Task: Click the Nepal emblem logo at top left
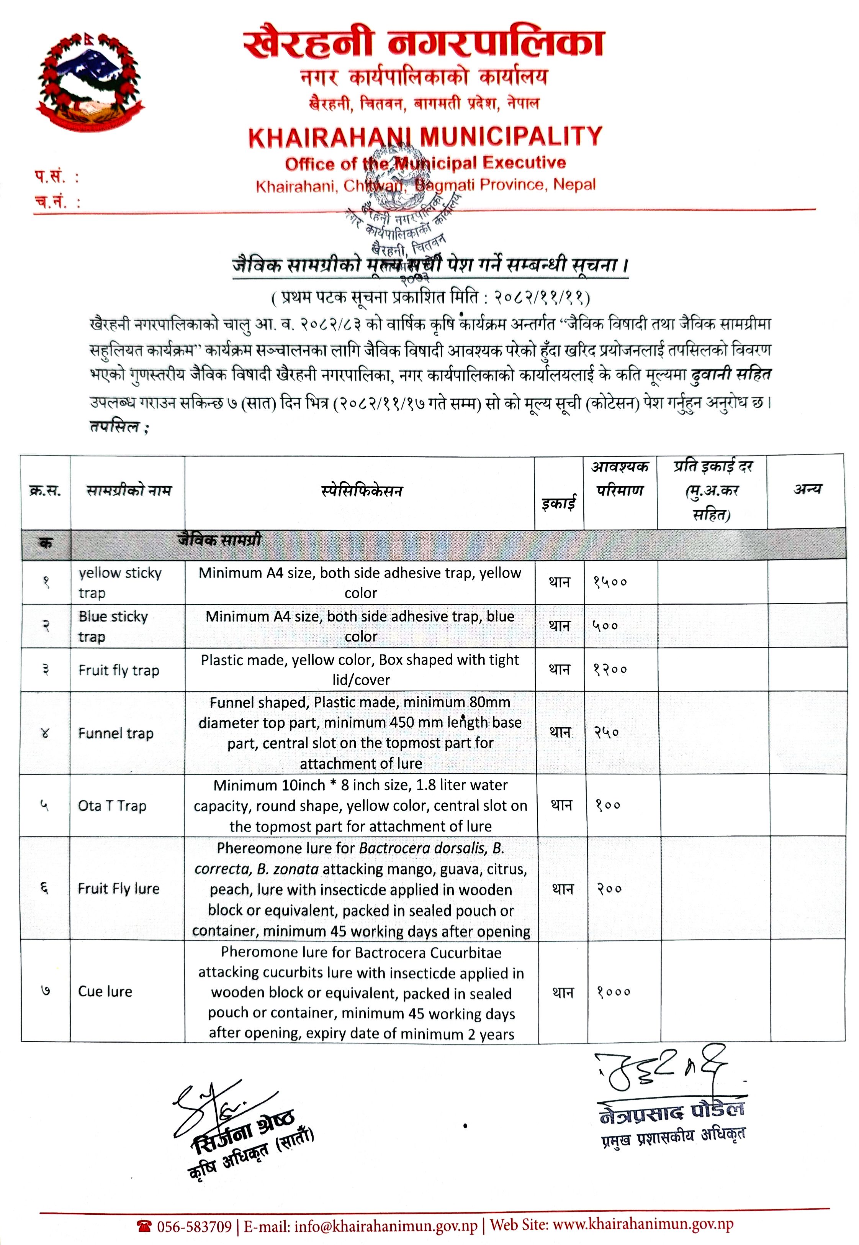coord(90,81)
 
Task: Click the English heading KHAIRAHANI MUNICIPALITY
coord(425,137)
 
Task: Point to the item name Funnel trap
coord(116,733)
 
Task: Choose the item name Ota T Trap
coord(112,805)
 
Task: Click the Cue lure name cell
coord(105,991)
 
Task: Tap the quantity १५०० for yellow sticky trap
coord(610,582)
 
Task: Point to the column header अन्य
coord(807,489)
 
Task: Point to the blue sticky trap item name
coord(113,626)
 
